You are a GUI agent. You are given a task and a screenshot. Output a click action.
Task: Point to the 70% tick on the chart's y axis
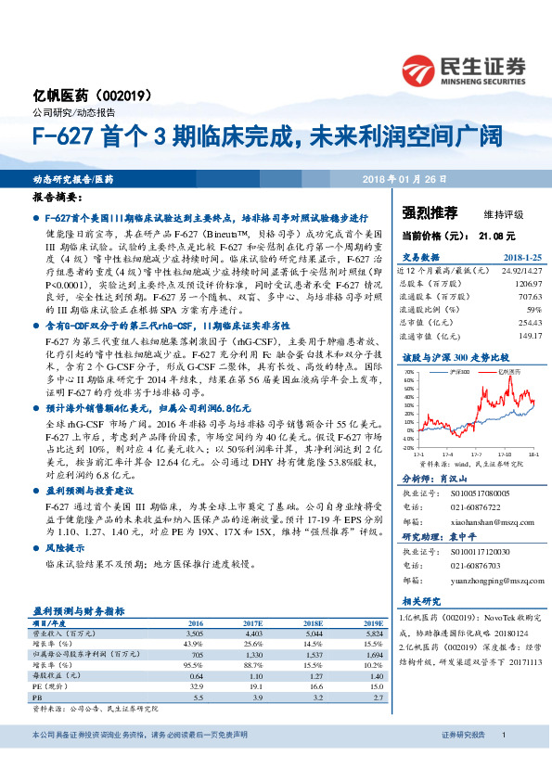coord(408,372)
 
